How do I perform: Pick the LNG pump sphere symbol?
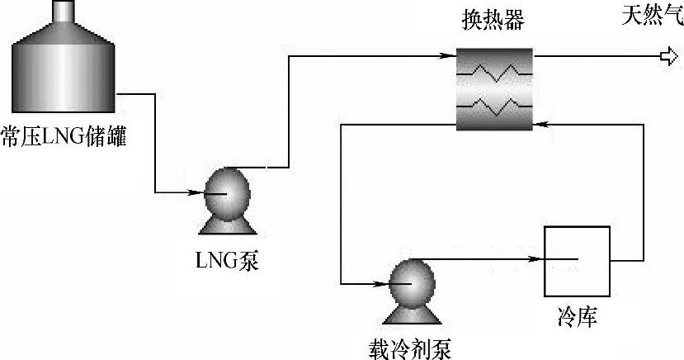coord(226,192)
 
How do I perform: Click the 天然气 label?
coord(652,16)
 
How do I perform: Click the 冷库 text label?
coord(575,315)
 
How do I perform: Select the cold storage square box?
coord(576,259)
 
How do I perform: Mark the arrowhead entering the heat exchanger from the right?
coord(540,124)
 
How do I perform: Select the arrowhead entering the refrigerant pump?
coord(380,283)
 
